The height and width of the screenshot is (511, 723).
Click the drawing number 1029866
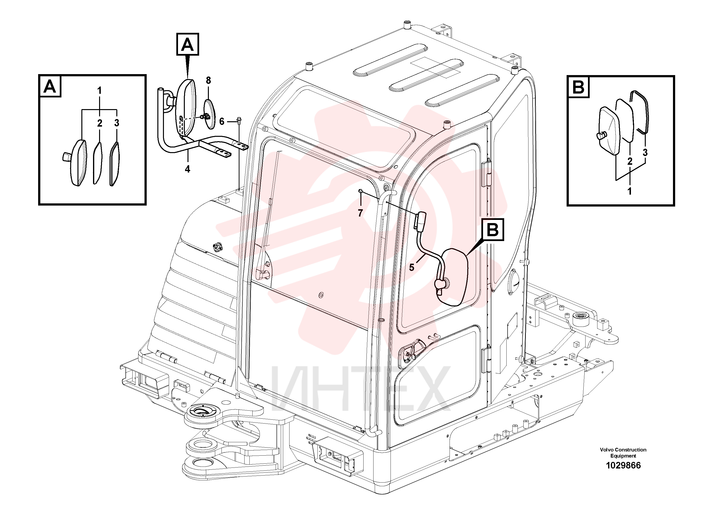(623, 465)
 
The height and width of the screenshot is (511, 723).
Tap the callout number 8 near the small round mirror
(208, 81)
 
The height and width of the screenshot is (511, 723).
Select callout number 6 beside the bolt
(222, 121)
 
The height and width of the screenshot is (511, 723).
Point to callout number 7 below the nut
(361, 213)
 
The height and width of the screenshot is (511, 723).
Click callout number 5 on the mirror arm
(412, 268)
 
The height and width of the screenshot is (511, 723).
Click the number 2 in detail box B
(630, 162)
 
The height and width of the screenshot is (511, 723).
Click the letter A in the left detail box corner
(50, 86)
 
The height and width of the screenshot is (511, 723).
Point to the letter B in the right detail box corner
(578, 87)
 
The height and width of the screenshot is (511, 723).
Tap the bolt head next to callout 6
(239, 120)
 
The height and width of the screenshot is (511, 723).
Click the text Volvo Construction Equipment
(623, 453)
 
